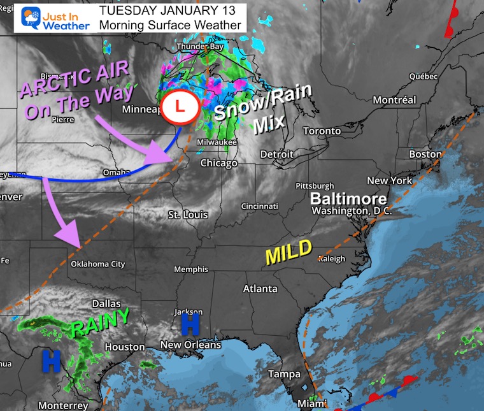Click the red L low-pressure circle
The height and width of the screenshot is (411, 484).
tap(180, 106)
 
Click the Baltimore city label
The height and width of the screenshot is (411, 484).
tap(348, 198)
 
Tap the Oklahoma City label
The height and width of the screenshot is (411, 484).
tap(97, 264)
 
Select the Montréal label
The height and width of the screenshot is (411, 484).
tap(394, 100)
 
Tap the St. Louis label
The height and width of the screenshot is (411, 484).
tap(187, 215)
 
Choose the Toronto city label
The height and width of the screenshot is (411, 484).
tap(322, 131)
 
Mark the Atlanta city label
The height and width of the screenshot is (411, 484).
tap(260, 289)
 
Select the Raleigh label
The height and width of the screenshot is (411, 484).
tap(332, 259)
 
